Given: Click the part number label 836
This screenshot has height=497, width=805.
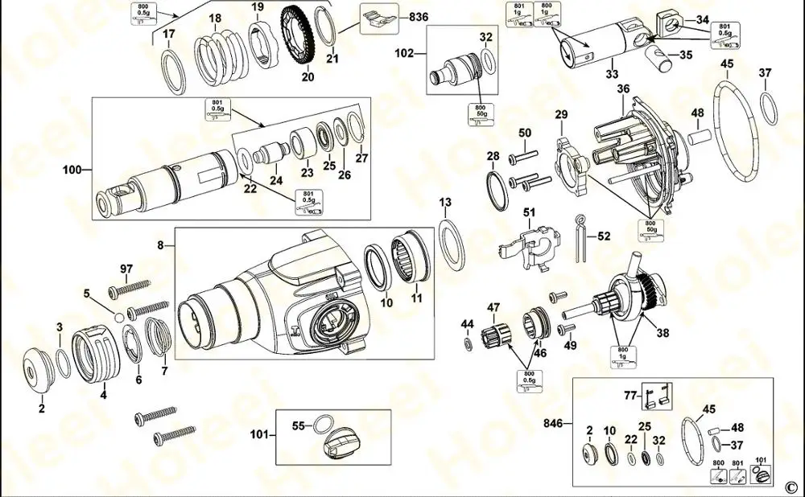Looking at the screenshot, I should tap(419, 16).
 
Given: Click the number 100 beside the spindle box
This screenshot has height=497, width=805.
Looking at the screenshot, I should tap(73, 170).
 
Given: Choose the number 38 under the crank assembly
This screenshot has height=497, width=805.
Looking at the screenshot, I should tap(663, 331).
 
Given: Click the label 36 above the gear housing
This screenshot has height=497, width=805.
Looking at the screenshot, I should tap(623, 90).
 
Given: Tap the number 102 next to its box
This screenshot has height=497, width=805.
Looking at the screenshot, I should tap(405, 54).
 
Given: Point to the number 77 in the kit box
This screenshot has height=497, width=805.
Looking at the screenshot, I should tap(632, 395).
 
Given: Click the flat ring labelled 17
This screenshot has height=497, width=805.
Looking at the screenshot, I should tap(173, 72).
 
